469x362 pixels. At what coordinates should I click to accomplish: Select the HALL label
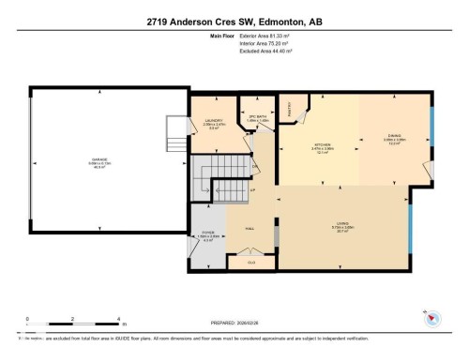tap(251, 228)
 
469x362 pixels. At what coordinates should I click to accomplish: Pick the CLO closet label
tap(250, 263)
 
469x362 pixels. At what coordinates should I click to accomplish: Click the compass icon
tap(432, 319)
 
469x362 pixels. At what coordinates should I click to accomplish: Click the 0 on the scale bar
tap(28, 319)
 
